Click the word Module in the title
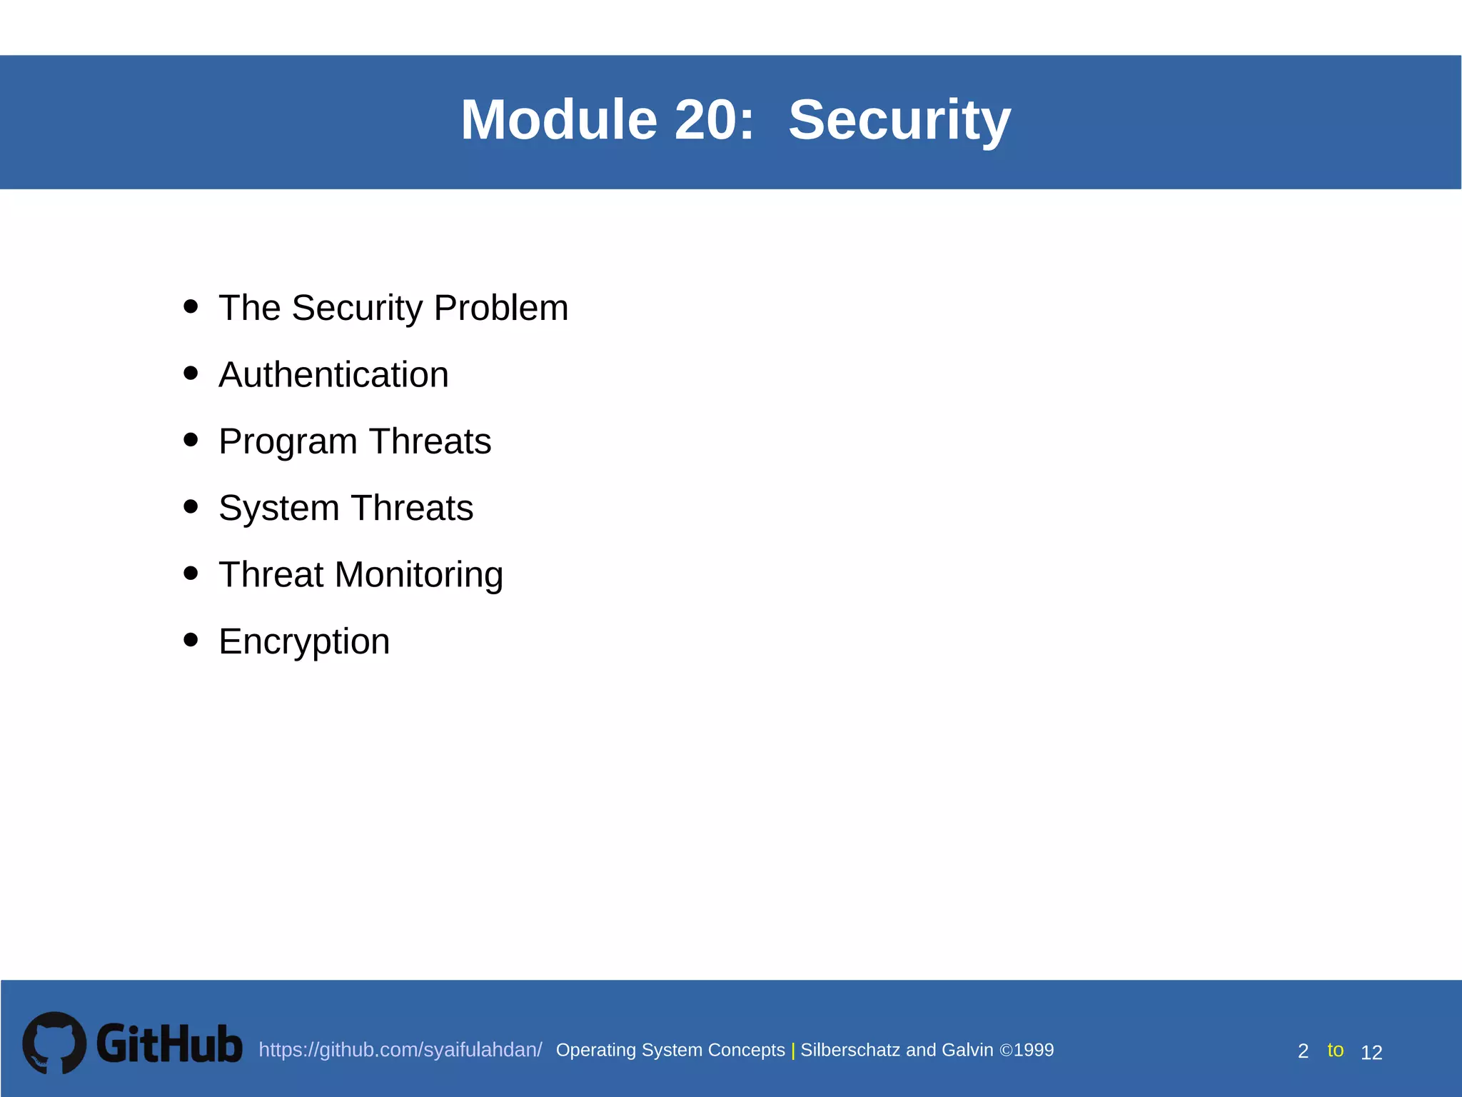[x=558, y=120]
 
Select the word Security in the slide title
[x=899, y=120]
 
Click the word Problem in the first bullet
[x=500, y=309]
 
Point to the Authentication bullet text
[x=333, y=375]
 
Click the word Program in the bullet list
[x=288, y=442]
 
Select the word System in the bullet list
[x=278, y=509]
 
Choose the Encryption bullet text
[x=304, y=642]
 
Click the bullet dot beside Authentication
[x=191, y=373]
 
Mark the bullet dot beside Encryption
[x=191, y=639]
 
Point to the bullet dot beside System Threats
[x=191, y=506]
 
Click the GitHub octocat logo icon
[x=54, y=1043]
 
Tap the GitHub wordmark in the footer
[x=169, y=1044]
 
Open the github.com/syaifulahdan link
[x=400, y=1050]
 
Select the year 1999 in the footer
[x=1034, y=1050]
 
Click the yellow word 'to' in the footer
[x=1335, y=1050]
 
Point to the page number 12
[x=1371, y=1052]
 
